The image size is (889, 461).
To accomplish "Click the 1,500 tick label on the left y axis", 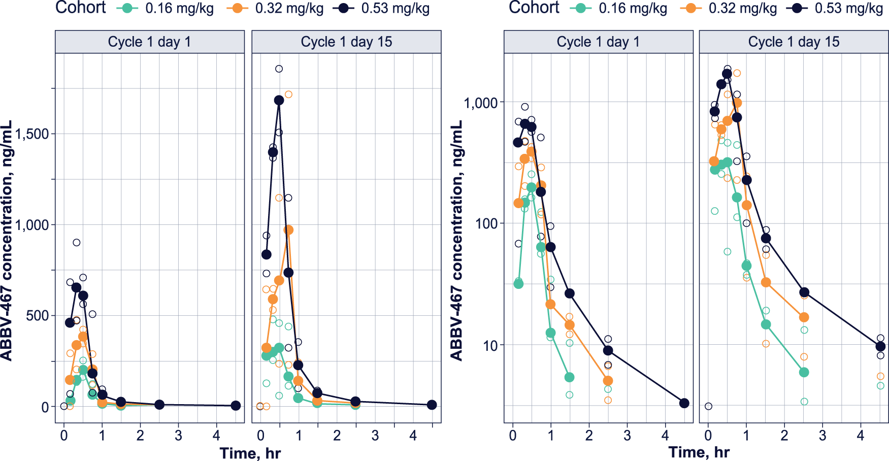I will point(32,134).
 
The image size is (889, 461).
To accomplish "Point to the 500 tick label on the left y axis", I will point(38,316).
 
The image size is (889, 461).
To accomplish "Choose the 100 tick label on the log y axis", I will point(486,223).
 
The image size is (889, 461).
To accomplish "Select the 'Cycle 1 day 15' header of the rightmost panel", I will point(794,42).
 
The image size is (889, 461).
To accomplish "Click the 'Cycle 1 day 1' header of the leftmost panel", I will point(149,42).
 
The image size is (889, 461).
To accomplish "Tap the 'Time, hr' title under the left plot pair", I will point(250,453).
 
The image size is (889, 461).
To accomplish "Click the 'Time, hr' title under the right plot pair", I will point(699,452).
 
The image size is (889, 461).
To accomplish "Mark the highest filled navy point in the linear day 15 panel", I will point(279,100).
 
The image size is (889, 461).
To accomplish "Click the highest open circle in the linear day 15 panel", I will point(279,69).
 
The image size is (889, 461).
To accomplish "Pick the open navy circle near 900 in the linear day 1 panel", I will point(76,243).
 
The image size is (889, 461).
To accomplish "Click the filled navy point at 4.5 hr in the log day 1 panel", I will point(684,403).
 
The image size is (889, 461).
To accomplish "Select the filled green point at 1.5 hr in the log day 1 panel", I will point(569,377).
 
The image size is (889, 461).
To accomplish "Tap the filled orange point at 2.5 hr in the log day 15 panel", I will point(804,317).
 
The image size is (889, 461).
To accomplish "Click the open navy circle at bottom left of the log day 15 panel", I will point(708,406).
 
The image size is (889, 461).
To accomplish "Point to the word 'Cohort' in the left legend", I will point(81,8).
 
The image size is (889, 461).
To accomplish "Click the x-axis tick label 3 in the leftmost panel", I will point(178,436).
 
